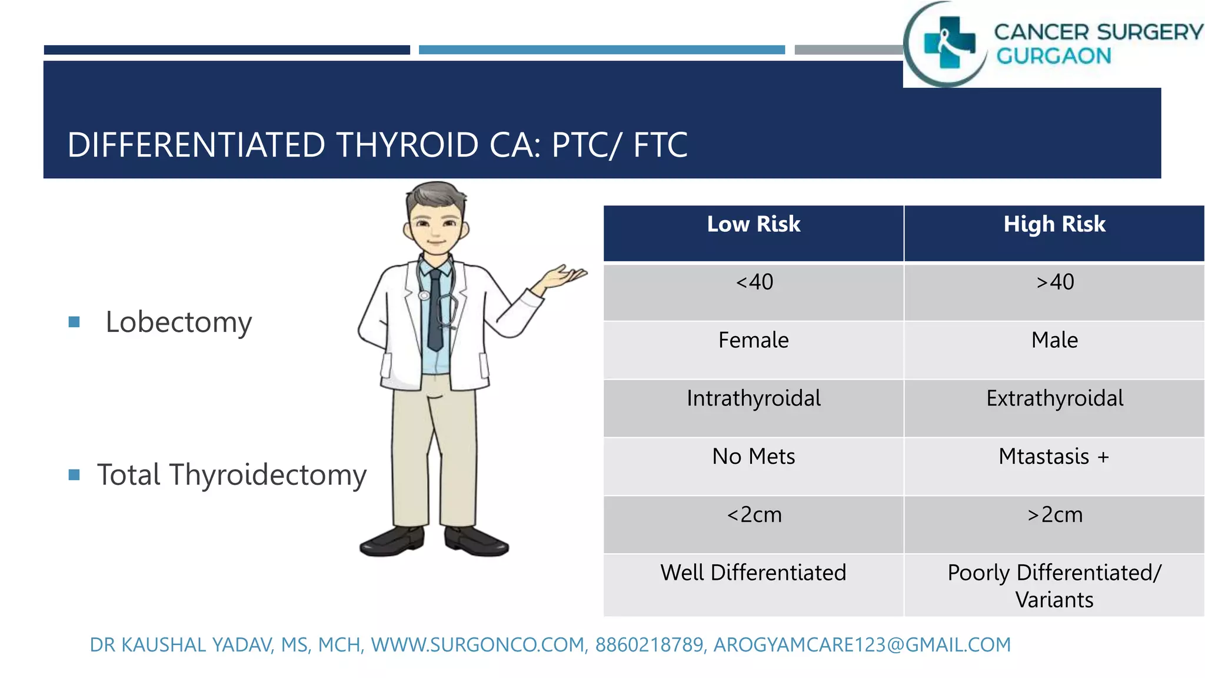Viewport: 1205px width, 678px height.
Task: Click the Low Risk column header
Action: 753,224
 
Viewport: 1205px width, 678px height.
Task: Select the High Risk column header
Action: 1054,224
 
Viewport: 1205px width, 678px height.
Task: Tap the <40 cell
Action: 754,282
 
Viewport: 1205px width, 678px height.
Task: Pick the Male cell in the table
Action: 1054,340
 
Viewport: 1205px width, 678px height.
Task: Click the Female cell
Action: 753,340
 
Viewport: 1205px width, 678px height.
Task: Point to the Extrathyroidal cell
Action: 1054,398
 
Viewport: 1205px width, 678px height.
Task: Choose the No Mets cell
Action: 753,457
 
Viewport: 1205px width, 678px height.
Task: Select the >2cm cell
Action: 1054,515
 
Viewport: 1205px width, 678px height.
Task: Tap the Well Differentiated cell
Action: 753,573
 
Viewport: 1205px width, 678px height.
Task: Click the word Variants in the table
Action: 1054,600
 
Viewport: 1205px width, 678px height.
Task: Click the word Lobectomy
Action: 178,323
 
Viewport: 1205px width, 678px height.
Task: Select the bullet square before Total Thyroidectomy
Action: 74,474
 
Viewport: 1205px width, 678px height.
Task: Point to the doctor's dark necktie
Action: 435,312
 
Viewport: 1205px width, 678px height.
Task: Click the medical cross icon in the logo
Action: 948,42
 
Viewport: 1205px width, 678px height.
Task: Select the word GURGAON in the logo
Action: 1053,56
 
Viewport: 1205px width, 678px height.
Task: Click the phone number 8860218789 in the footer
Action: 650,645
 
